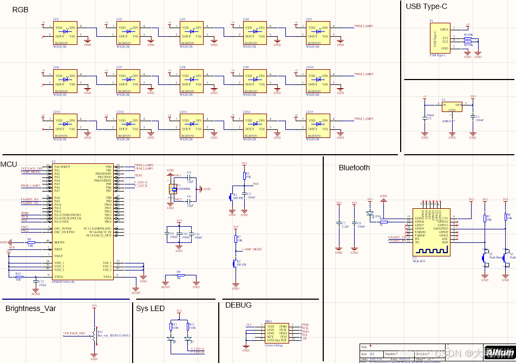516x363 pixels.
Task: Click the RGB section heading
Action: tap(20, 10)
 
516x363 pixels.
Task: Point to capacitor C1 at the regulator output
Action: tap(473, 118)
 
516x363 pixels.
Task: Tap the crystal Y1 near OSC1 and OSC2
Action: tap(173, 188)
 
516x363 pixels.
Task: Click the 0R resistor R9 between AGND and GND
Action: tap(179, 275)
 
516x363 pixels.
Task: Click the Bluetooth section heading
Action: tap(354, 168)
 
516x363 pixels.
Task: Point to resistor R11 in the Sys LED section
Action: tap(172, 326)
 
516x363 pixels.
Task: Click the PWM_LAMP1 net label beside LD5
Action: tap(364, 26)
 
